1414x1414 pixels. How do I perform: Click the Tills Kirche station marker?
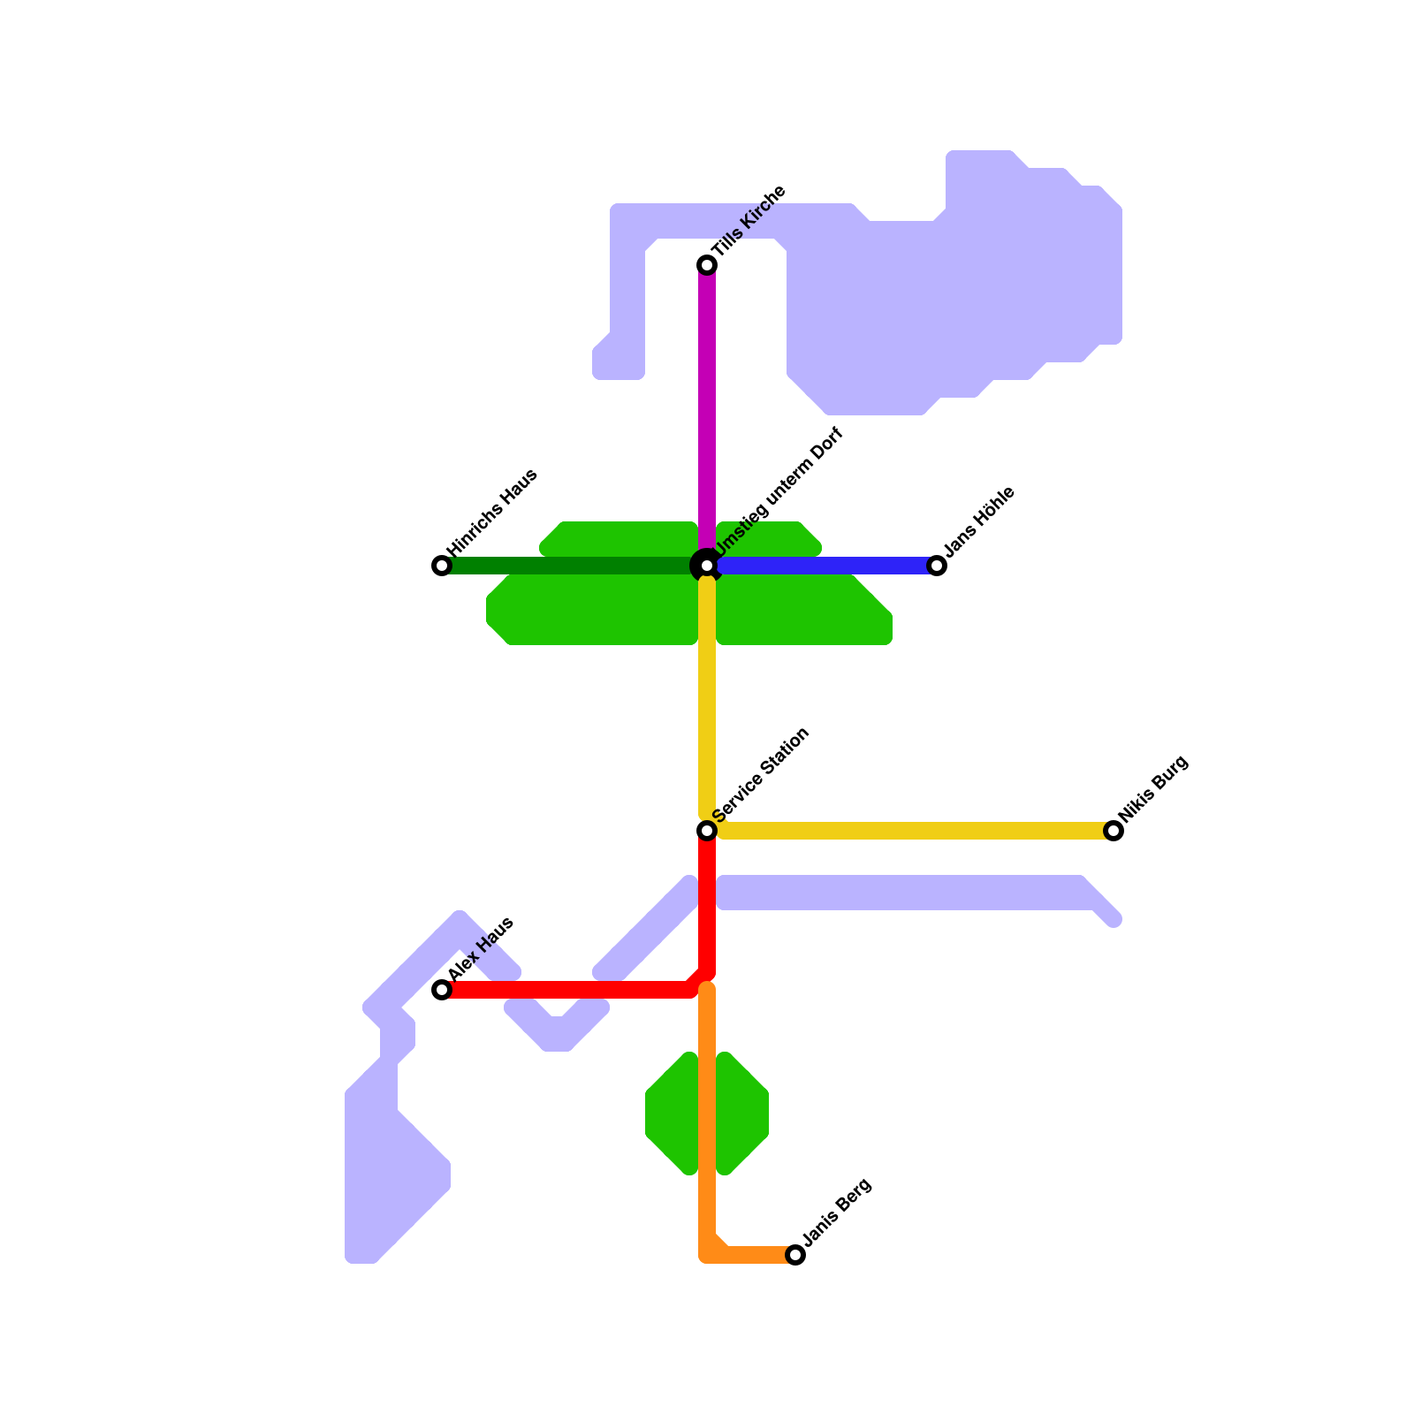coord(707,265)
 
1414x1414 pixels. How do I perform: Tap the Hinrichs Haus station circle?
coord(442,566)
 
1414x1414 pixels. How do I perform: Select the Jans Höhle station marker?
coord(937,566)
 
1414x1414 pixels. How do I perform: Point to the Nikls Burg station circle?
coord(1114,831)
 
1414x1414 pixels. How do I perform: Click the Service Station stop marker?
coord(707,831)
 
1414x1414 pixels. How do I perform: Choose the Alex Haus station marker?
coord(442,990)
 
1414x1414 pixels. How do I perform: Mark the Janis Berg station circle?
coord(795,1255)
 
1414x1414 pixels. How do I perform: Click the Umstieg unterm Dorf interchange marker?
coord(707,566)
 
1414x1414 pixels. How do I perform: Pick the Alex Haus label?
coord(481,949)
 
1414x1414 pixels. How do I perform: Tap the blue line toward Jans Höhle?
coord(822,566)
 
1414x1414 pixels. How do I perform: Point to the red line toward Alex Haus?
coord(566,990)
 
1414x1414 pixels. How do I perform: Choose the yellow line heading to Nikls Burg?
coord(910,831)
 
